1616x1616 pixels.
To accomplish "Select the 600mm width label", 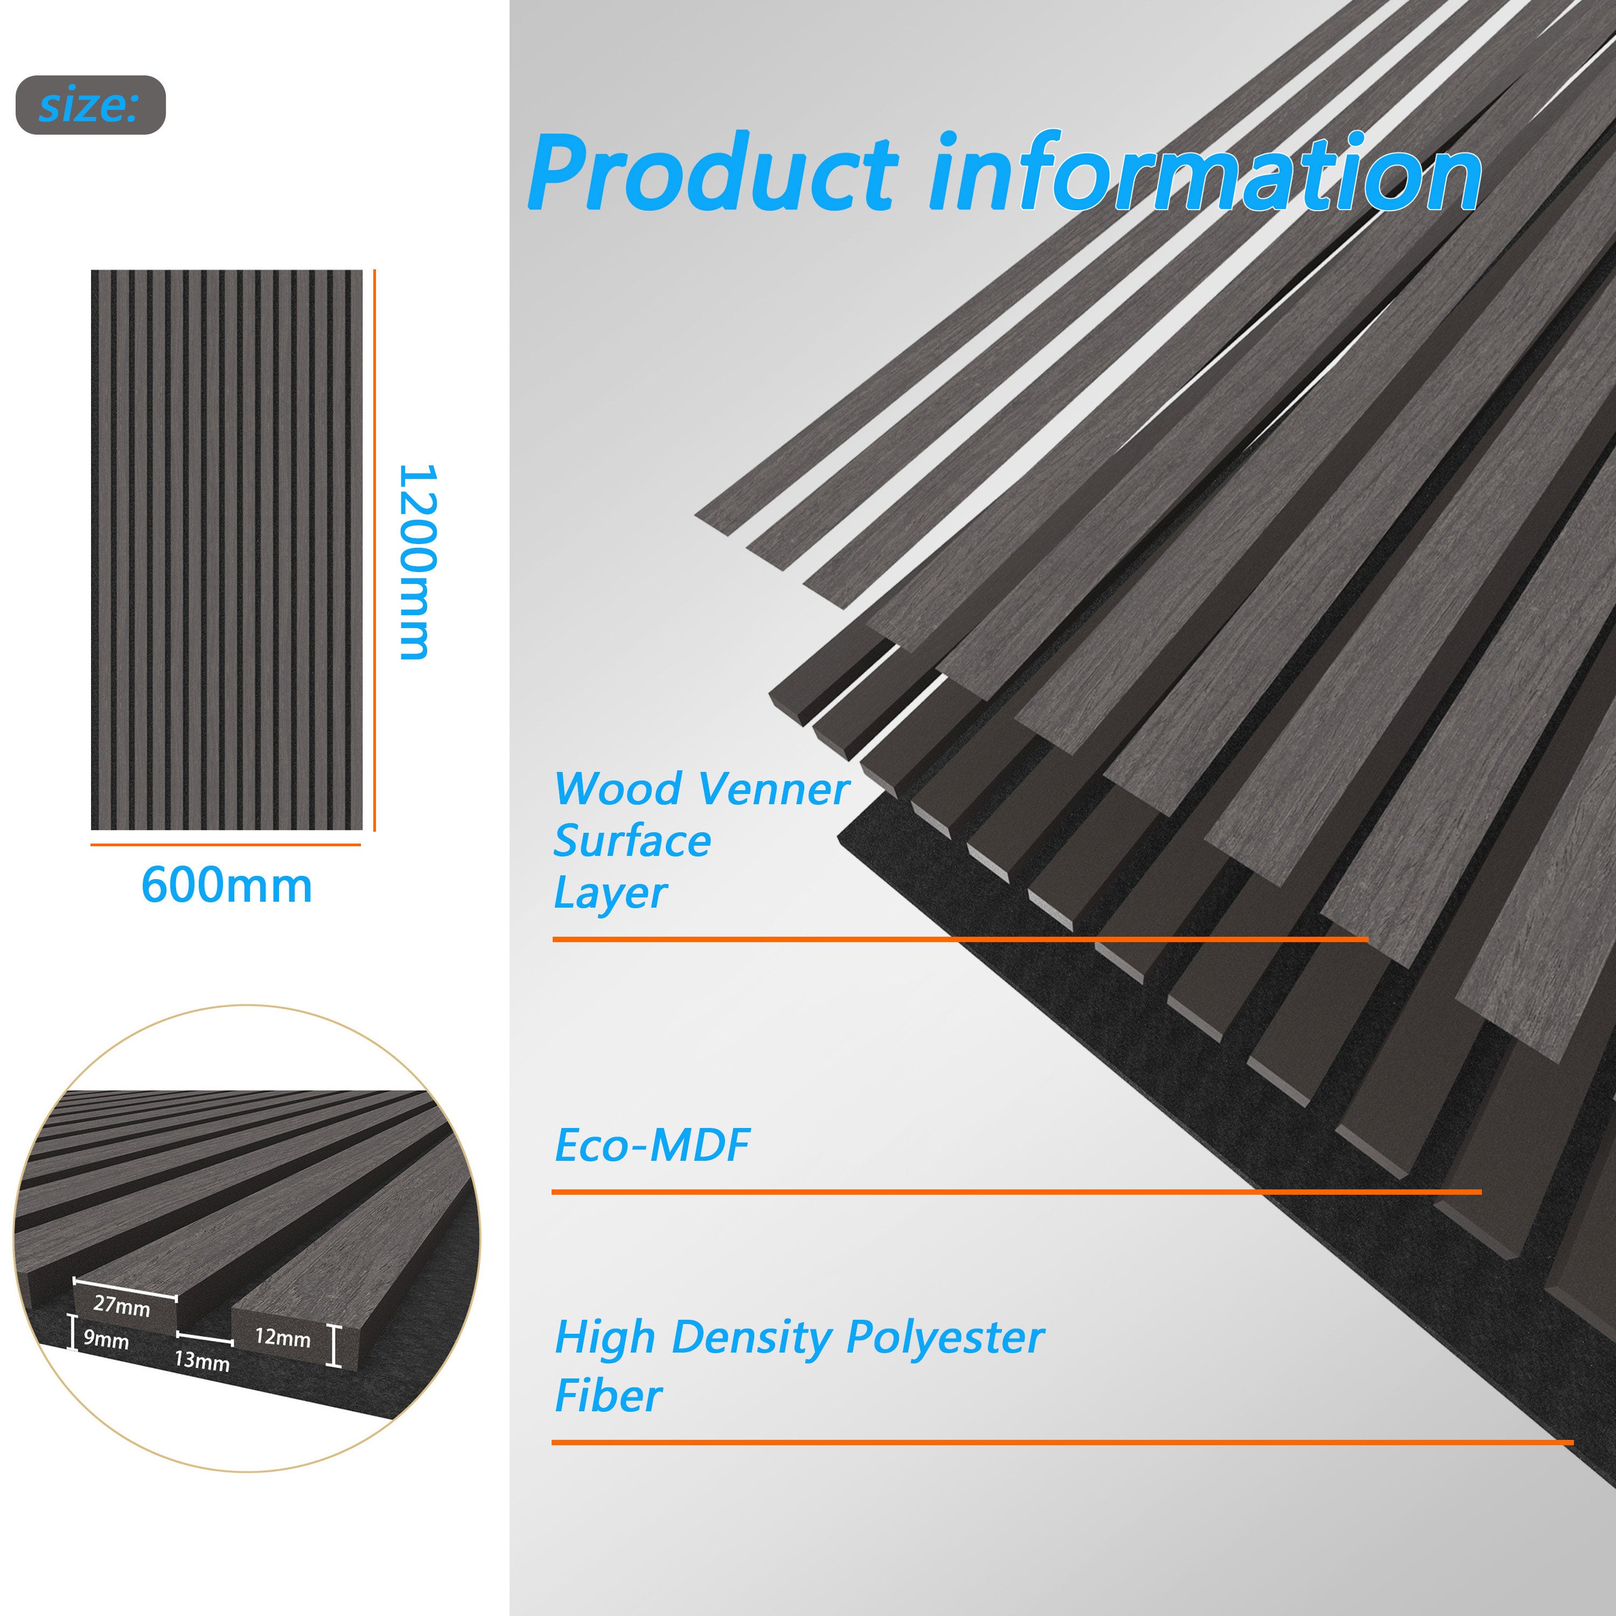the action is click(x=227, y=885).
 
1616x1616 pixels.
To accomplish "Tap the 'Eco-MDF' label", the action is click(x=652, y=1145).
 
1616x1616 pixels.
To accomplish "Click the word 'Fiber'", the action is click(x=609, y=1396).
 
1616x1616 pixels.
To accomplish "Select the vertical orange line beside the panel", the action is click(x=375, y=551).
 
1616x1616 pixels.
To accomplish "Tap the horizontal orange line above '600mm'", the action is click(x=226, y=845).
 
